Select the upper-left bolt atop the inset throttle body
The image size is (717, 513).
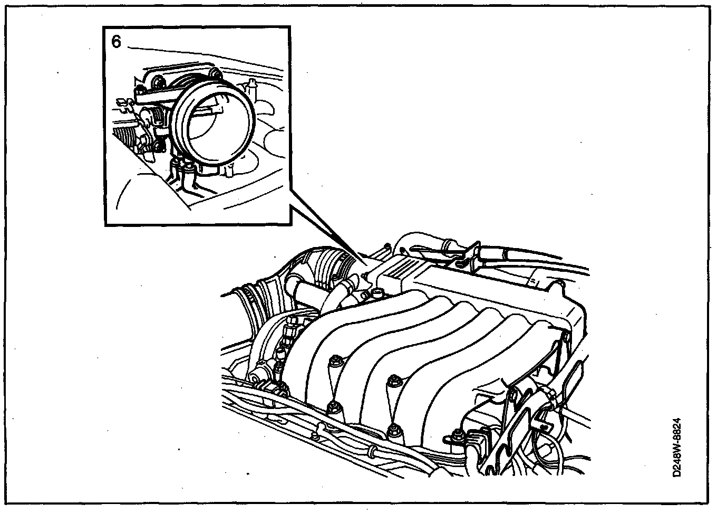click(x=157, y=80)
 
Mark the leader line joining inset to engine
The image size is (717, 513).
click(x=327, y=232)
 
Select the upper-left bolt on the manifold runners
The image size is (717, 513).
click(x=333, y=363)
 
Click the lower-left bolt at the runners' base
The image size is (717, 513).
click(x=333, y=406)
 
